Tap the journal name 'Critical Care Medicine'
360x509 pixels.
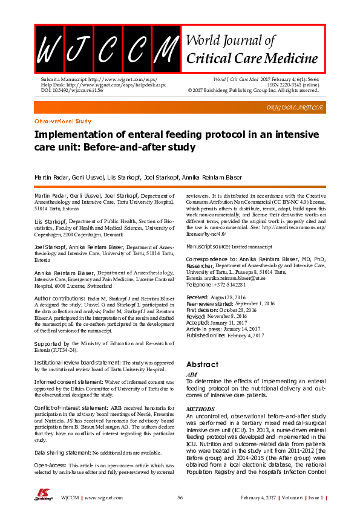(x=253, y=59)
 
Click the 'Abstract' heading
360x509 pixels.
(x=202, y=365)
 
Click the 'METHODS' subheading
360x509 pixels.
(x=199, y=409)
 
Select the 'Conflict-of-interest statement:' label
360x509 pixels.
(x=72, y=409)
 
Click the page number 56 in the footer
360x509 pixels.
(x=180, y=497)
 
